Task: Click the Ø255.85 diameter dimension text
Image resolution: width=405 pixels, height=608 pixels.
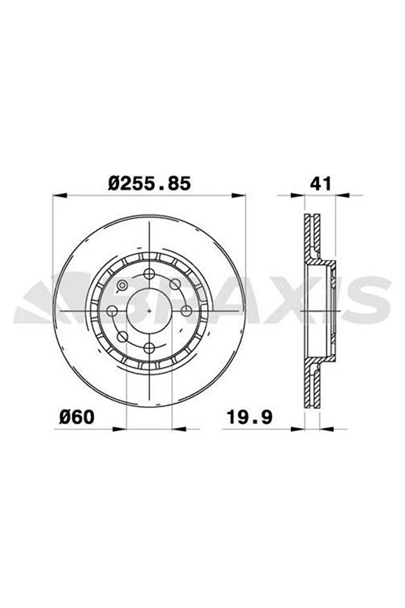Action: [149, 183]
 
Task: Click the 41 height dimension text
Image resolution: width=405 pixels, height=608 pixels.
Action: [320, 183]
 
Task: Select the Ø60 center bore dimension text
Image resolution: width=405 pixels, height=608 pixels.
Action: [76, 417]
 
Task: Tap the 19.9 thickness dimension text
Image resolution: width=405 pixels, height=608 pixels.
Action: [250, 417]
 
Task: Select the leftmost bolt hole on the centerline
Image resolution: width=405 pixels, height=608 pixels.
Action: [112, 311]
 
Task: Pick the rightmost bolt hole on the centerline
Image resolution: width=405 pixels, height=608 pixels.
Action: [186, 311]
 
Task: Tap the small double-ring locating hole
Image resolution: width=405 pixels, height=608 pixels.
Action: [122, 285]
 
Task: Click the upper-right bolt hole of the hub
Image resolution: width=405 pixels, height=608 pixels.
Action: [175, 284]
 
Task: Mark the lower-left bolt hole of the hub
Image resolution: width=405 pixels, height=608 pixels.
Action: [122, 337]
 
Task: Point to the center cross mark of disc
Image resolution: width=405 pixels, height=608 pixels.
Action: [149, 311]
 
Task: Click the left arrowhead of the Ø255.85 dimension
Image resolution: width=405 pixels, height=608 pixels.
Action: [59, 195]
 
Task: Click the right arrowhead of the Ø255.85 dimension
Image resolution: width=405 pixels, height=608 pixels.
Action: [239, 195]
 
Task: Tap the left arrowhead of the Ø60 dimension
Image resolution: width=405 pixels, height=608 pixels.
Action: [120, 429]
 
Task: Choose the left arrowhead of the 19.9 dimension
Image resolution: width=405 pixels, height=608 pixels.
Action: [298, 429]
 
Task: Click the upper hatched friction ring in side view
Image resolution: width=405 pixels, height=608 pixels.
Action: [312, 237]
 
